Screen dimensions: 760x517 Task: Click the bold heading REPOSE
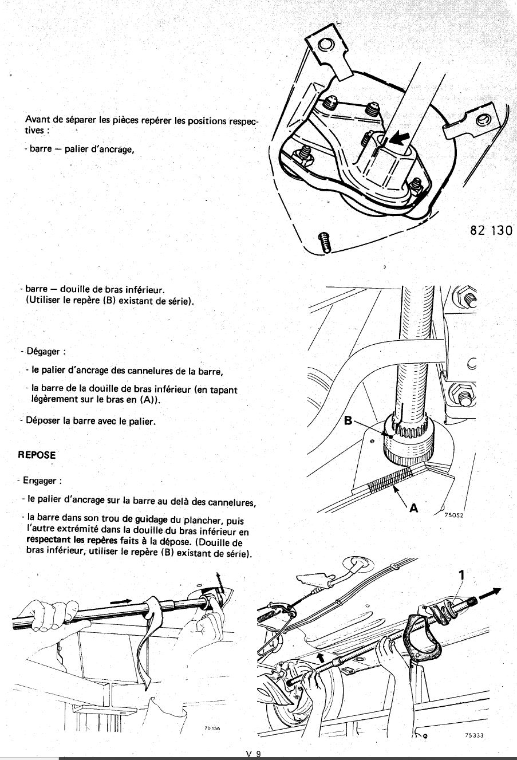click(x=37, y=455)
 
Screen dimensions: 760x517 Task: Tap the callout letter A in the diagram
click(x=414, y=507)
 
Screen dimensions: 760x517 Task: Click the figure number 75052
click(x=453, y=515)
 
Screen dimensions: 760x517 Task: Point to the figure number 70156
click(x=212, y=729)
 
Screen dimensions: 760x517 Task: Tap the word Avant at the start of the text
click(x=37, y=120)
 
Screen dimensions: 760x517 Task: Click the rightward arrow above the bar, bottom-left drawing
click(x=121, y=602)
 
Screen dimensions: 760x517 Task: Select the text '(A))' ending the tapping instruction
click(x=148, y=400)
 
